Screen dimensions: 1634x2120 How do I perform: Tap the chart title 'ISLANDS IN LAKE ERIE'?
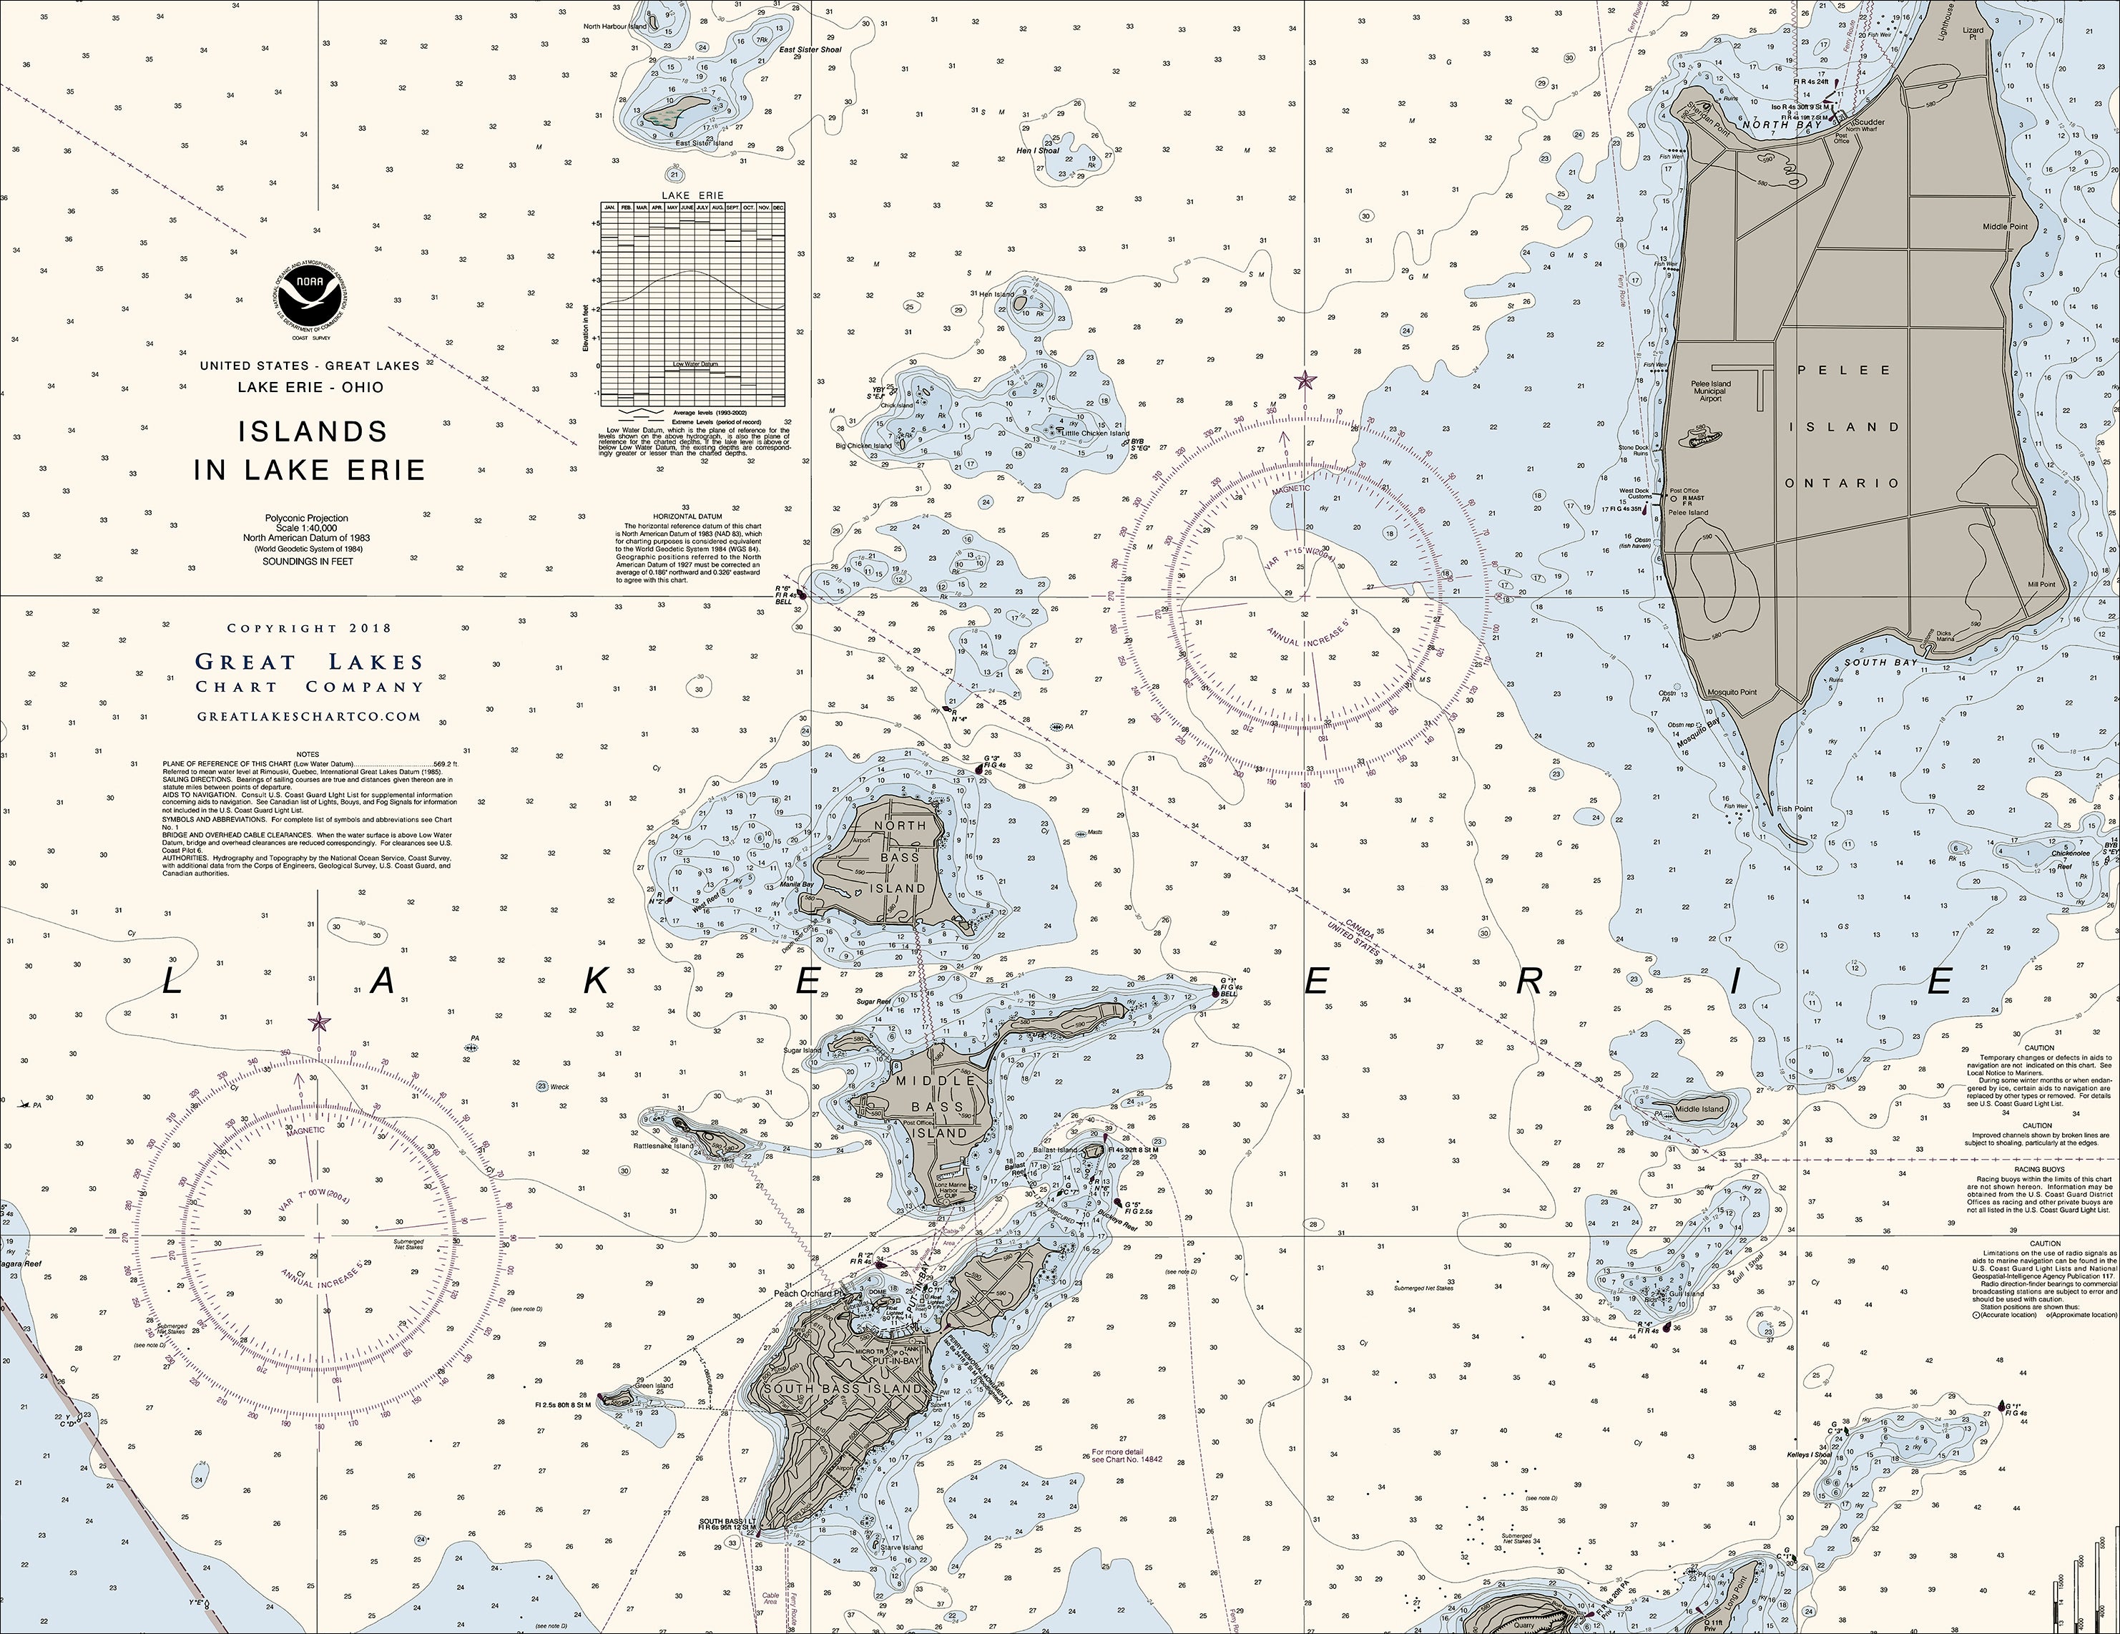310,451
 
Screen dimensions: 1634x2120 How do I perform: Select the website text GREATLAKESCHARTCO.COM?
309,717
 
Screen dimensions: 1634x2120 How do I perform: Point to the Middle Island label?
1699,1110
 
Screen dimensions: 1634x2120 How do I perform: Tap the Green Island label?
656,1386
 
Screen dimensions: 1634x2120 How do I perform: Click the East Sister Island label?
704,144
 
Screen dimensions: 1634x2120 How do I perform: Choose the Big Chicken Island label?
863,446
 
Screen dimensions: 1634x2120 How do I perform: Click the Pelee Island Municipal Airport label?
1710,391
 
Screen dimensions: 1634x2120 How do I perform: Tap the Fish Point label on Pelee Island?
1795,808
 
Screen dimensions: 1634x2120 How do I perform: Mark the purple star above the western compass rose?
318,1022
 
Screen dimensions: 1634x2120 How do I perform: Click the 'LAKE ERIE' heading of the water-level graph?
692,195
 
